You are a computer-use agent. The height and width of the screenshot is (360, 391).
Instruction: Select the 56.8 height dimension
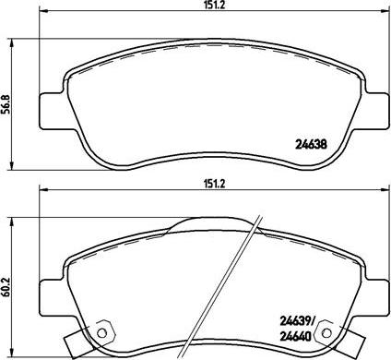(x=6, y=104)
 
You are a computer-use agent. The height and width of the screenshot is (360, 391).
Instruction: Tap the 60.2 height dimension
(x=6, y=287)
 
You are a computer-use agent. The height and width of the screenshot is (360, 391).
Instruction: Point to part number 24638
(x=311, y=144)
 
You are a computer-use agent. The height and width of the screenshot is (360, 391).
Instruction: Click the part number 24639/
(x=296, y=321)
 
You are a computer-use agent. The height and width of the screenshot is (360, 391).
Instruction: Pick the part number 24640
(x=296, y=336)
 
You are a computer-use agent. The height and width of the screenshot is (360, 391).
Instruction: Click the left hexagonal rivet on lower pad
(x=102, y=332)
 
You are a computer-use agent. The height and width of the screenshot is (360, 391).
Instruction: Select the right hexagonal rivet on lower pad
(x=326, y=332)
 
